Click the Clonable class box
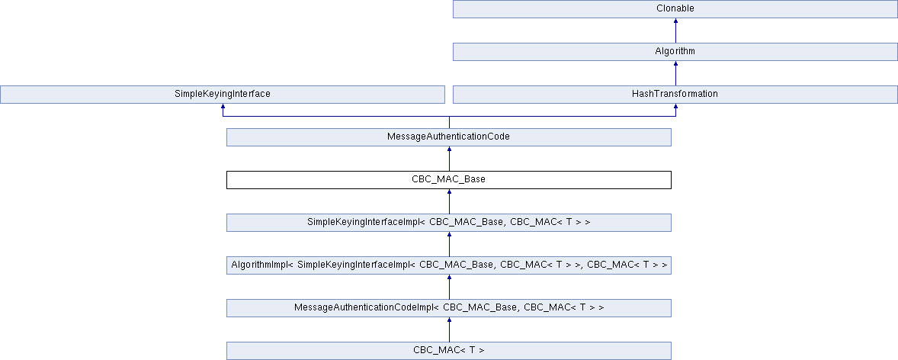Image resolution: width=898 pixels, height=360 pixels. coord(675,9)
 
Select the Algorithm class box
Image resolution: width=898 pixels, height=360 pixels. coord(675,52)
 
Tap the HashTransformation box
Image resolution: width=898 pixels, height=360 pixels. coord(675,95)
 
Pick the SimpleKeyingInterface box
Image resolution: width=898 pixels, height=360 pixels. coord(222,95)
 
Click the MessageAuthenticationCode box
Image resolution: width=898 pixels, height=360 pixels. coord(448,137)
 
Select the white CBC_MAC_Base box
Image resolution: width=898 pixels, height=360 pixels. coord(448,180)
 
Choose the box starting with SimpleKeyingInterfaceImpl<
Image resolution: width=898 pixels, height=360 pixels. coord(448,223)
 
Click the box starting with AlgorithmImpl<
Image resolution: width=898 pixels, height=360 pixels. coord(448,265)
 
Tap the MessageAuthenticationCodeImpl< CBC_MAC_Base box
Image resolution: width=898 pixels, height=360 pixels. coord(448,308)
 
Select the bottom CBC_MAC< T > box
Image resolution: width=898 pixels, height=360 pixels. coord(448,351)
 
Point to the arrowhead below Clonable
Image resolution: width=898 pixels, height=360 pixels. coord(675,22)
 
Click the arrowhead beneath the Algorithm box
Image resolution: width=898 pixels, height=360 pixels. coord(675,65)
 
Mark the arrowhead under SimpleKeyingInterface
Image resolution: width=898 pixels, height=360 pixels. coord(223,108)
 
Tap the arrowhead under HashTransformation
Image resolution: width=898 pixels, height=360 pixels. coord(675,108)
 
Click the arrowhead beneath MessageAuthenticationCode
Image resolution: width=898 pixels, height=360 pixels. coord(449,150)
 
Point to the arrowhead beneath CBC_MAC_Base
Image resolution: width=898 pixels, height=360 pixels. coord(449,193)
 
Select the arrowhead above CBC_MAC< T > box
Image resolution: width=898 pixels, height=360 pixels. coord(449,321)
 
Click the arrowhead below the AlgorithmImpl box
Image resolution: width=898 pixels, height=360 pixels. coord(449,278)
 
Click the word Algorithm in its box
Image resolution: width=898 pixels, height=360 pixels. coord(675,52)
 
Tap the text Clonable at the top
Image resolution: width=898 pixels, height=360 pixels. coord(675,9)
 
